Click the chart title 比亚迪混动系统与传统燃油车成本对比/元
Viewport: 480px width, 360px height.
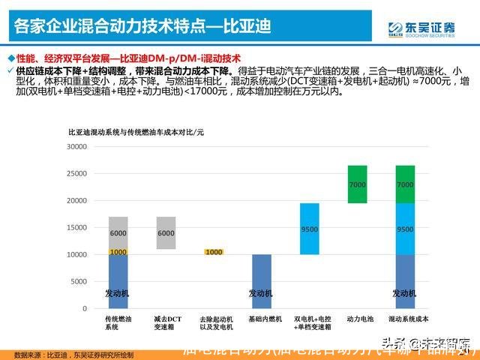click(136, 132)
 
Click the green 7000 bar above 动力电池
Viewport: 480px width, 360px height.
click(357, 184)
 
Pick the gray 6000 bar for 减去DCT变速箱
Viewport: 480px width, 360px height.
click(165, 232)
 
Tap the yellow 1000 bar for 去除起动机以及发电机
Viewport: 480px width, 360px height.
click(214, 252)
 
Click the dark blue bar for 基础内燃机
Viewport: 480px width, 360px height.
click(261, 281)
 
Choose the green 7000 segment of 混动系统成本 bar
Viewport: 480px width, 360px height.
click(405, 184)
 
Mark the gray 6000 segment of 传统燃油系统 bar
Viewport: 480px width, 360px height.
click(118, 232)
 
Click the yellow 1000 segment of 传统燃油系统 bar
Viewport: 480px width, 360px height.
click(118, 252)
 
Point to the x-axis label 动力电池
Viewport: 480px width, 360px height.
click(358, 319)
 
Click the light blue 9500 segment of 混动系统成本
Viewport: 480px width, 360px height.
click(405, 229)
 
